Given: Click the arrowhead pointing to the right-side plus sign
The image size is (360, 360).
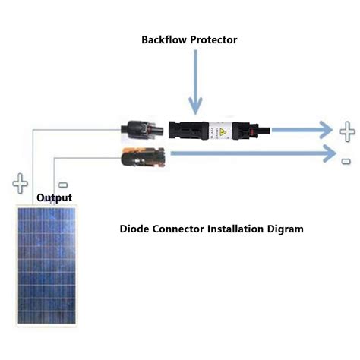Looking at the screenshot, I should [326, 130].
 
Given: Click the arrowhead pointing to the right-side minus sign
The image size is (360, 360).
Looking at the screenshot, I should [326, 155].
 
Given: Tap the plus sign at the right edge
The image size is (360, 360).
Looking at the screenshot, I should [347, 130].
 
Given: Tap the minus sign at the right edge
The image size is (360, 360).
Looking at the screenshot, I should [346, 161].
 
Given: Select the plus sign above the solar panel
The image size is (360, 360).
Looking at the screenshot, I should [21, 184].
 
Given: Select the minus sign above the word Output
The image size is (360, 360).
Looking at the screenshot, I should [63, 185].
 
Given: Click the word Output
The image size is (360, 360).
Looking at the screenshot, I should [55, 199].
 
